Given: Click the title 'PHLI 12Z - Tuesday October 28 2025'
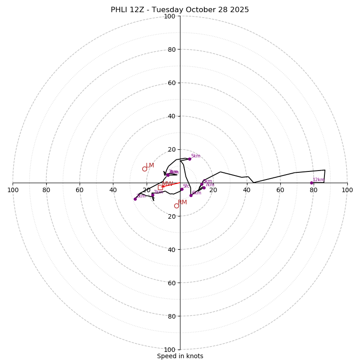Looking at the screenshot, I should pos(180,10).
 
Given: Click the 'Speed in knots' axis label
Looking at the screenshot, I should pos(180,356).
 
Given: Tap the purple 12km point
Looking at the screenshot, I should pos(311,183).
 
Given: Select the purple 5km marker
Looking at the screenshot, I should pos(189,159).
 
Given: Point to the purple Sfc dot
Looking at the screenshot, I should pos(182,189).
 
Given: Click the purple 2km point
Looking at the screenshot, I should pos(135,199).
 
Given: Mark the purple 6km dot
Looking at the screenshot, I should pos(191,195).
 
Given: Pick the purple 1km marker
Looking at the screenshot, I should pos(153,195).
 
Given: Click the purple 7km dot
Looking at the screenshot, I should pos(204,188).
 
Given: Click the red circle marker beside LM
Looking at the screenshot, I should pos(144,169).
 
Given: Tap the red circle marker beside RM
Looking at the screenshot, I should pos(176,206).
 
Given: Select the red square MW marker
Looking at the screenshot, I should pos(160,187).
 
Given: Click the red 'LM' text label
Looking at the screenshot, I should pos(150,166).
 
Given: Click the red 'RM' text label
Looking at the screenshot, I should pos(182,202).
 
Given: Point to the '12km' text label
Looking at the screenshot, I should pos(318,180).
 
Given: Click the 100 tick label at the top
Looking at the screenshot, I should pos(170,17).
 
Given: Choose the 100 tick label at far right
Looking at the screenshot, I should pos(347,190).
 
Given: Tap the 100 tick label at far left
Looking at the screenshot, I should pos(13,190).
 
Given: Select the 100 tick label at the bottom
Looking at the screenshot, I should pos(170,350).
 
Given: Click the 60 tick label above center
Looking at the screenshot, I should pos(171,83).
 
